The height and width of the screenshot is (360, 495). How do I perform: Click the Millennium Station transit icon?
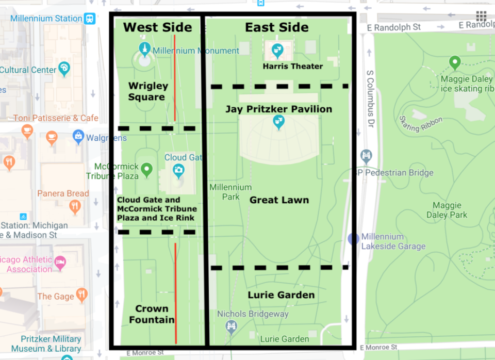(90, 18)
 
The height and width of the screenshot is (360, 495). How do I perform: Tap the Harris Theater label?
(293, 66)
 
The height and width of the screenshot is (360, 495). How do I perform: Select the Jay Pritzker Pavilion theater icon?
(279, 122)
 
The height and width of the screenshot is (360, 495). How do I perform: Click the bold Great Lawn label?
(279, 200)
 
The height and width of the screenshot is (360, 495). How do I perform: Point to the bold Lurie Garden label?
(281, 295)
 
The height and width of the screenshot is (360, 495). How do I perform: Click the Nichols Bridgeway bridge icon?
(231, 325)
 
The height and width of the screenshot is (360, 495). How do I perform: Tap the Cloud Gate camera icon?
(178, 170)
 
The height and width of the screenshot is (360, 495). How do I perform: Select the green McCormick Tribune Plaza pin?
(147, 169)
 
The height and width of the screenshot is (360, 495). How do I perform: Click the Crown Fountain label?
(152, 314)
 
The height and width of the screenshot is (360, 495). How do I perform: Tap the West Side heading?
(157, 27)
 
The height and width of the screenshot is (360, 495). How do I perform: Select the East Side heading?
(277, 27)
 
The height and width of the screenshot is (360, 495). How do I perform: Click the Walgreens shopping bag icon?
(78, 137)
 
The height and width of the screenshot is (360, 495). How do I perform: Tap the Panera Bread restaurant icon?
(75, 207)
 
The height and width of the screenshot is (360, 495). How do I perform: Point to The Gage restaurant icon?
(81, 295)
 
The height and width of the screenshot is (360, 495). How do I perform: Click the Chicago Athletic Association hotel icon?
(60, 261)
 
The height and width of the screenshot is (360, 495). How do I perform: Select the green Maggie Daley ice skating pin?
(454, 63)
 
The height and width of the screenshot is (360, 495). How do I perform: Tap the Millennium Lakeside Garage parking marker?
(353, 239)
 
